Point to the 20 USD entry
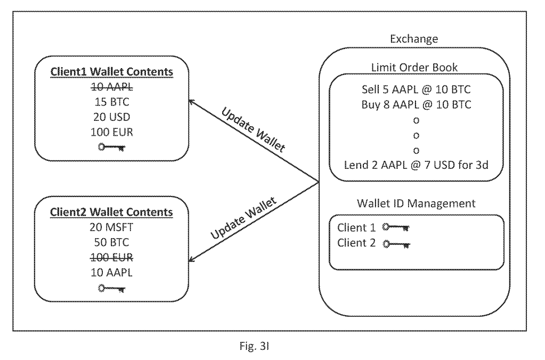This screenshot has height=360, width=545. [111, 117]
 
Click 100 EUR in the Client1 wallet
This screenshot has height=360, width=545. [111, 132]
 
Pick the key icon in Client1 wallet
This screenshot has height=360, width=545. [111, 146]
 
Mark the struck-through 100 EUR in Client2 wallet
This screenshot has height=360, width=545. [111, 257]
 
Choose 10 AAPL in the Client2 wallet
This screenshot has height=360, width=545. [111, 272]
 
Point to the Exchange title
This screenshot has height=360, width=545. [414, 39]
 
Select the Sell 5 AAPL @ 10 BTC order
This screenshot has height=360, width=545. [414, 89]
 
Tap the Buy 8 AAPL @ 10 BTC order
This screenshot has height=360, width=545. [414, 104]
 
